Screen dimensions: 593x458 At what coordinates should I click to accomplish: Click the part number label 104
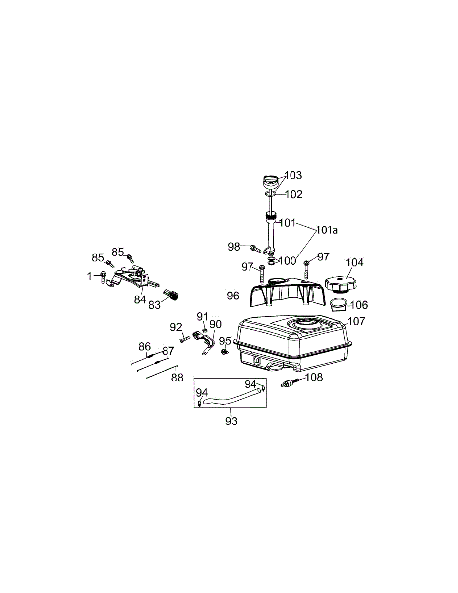coord(354,262)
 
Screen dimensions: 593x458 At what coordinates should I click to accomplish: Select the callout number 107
coord(356,321)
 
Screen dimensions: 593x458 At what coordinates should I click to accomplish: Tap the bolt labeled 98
coord(255,248)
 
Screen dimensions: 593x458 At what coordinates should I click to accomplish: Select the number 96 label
coord(233,296)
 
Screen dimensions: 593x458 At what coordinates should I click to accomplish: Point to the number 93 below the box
coord(231,421)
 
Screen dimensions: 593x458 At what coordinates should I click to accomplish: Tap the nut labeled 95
coord(224,352)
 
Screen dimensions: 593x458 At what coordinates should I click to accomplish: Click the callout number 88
coord(177,378)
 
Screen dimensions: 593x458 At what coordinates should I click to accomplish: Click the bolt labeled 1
coord(103,276)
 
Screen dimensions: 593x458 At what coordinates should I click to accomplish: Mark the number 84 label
coord(139,300)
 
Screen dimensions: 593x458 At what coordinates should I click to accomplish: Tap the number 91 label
coord(203,316)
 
